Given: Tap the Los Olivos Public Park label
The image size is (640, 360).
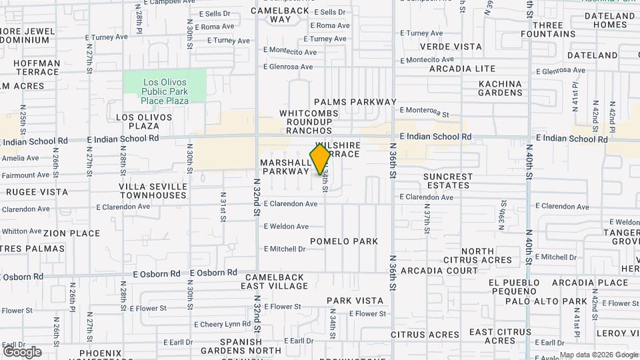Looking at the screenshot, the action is pyautogui.click(x=165, y=91).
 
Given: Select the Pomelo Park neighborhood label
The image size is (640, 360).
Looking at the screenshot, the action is pyautogui.click(x=344, y=241).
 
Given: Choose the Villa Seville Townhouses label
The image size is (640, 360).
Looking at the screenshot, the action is pyautogui.click(x=153, y=191).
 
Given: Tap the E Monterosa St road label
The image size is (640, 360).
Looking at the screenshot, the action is pyautogui.click(x=425, y=114).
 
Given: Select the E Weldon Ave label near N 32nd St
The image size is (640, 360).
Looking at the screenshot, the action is pyautogui.click(x=286, y=227).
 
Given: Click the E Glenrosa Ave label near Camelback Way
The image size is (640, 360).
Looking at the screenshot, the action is pyautogui.click(x=288, y=67).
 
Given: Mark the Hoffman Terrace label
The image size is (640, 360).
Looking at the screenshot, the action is pyautogui.click(x=38, y=67).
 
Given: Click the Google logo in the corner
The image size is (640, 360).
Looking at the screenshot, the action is pyautogui.click(x=22, y=351).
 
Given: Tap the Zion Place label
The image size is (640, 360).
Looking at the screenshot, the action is pyautogui.click(x=72, y=234).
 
